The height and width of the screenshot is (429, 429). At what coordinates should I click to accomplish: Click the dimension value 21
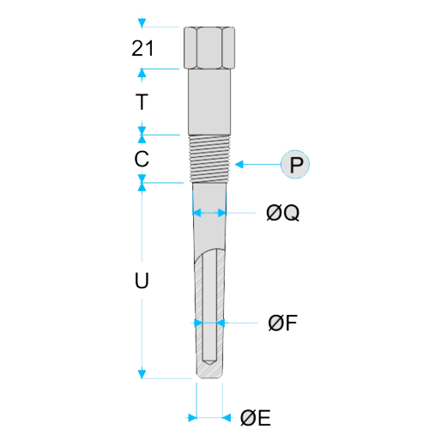(x=142, y=48)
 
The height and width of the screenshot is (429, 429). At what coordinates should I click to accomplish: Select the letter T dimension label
(x=142, y=102)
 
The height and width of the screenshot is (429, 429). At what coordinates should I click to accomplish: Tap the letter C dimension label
(x=142, y=159)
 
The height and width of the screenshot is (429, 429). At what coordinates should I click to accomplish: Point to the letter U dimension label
(x=142, y=280)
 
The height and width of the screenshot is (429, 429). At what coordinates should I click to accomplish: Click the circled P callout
(x=295, y=165)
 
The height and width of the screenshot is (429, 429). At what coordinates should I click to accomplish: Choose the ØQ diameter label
(x=283, y=213)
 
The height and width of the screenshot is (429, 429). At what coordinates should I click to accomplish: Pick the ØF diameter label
(x=283, y=323)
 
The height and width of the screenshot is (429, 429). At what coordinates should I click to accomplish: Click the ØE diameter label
(x=256, y=418)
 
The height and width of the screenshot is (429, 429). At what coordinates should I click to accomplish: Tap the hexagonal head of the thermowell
(x=209, y=48)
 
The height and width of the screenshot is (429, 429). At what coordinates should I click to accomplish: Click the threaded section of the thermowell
(x=209, y=159)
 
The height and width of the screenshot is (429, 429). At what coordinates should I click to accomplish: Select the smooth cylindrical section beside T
(x=209, y=102)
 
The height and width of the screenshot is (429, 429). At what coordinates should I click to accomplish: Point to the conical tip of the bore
(x=209, y=362)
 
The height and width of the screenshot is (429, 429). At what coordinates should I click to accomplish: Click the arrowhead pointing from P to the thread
(x=239, y=165)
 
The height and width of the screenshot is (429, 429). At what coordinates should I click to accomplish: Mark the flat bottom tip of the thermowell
(x=209, y=378)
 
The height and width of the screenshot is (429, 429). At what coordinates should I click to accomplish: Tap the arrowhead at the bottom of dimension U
(x=142, y=374)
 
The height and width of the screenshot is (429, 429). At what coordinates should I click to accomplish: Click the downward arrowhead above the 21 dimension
(x=142, y=22)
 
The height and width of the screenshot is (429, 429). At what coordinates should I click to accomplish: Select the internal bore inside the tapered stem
(x=209, y=306)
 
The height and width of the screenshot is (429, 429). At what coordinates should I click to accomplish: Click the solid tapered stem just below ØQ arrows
(x=209, y=232)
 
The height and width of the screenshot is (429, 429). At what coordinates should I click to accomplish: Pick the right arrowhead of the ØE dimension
(x=227, y=418)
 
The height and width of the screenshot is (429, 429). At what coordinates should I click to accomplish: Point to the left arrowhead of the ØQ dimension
(x=197, y=213)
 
